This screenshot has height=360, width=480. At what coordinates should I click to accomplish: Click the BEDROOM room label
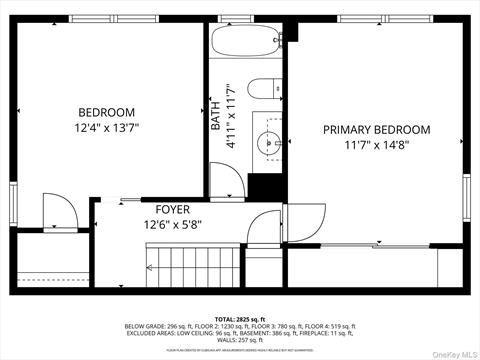[106, 112]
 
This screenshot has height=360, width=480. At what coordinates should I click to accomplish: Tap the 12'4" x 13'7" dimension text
[106, 129]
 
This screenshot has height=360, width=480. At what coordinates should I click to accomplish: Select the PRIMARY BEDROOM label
[376, 130]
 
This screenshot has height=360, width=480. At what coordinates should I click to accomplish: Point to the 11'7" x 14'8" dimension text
[376, 146]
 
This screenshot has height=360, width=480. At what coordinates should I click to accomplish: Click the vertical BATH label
[216, 112]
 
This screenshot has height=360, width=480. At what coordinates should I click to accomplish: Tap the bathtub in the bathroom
[245, 44]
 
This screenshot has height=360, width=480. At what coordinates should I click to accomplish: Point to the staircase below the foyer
[190, 268]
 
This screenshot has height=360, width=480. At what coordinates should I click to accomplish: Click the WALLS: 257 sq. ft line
[240, 340]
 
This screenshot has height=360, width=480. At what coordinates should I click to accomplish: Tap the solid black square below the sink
[265, 186]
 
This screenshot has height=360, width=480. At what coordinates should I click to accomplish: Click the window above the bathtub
[245, 19]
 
